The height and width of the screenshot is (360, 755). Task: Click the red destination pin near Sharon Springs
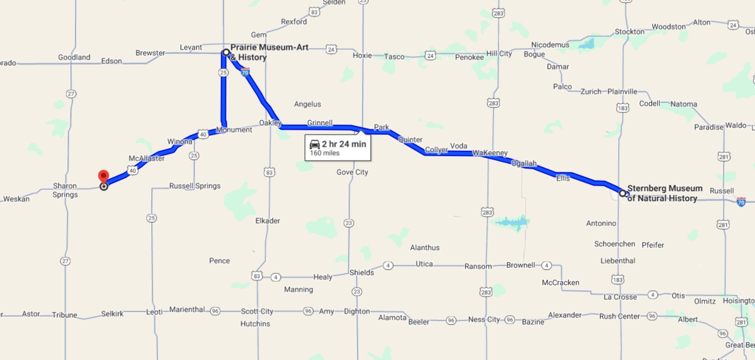pos(103,177)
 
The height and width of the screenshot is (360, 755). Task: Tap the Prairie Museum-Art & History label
pos(269,52)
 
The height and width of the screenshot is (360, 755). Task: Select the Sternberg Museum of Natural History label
pos(664,193)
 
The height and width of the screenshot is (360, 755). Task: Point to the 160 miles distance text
pos(325,153)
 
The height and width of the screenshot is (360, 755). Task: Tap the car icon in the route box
pos(315,144)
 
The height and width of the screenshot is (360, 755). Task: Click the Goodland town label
pos(74,57)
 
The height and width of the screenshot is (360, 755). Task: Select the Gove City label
pos(352,172)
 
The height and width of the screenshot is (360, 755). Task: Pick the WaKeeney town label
pos(490,153)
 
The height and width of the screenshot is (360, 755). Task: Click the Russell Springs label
pos(195,186)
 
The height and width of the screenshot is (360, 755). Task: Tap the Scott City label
pos(257,311)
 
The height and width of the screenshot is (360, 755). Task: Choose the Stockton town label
pos(629,31)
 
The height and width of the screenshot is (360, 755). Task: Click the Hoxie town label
pos(362,55)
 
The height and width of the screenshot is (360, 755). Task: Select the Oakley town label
pos(270,123)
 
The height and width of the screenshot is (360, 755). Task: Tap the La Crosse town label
pos(620,297)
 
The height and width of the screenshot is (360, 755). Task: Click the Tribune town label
pos(64,315)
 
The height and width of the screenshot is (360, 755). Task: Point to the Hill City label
pos(499,53)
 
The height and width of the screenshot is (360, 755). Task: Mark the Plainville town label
pos(622,91)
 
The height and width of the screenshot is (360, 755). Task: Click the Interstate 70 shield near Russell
pos(741,201)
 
